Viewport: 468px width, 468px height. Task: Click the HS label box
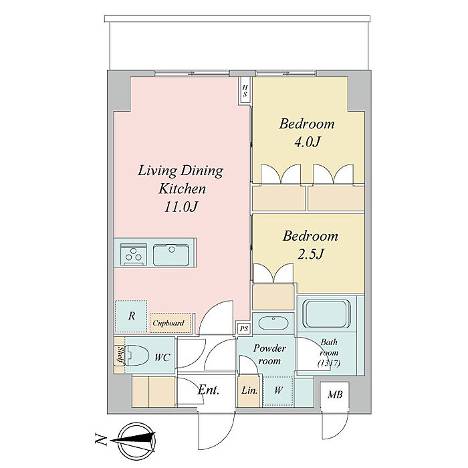[245, 91]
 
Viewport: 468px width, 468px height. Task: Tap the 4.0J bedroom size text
[307, 142]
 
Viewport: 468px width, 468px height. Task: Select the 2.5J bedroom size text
[311, 254]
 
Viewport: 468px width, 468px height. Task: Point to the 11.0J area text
[181, 207]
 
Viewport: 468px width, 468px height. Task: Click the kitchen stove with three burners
[134, 254]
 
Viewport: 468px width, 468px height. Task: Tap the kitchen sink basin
[171, 255]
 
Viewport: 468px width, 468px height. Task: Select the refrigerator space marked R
[131, 316]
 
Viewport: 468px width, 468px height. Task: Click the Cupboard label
[168, 323]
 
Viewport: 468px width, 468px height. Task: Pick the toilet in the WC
[137, 355]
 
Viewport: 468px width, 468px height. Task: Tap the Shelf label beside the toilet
[120, 355]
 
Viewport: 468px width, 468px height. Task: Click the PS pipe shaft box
[244, 329]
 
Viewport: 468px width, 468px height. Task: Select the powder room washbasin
[273, 323]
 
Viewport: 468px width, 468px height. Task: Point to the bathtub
[327, 314]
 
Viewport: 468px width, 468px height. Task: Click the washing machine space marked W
[278, 390]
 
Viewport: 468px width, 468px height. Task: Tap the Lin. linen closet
[249, 390]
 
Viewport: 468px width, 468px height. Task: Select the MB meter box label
[335, 394]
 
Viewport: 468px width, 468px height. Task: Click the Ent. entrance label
[209, 390]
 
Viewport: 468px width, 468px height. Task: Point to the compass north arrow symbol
[136, 441]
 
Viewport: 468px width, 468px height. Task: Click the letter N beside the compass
[101, 439]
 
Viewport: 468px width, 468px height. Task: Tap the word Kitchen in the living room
[182, 189]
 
